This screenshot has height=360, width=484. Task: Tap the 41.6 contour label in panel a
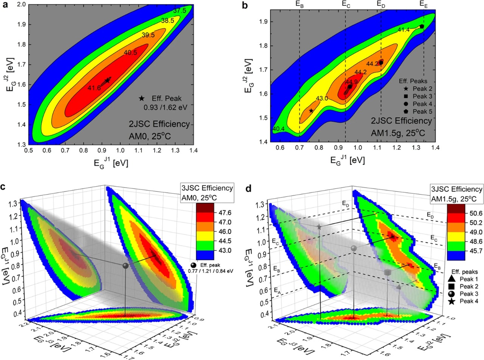pyautogui.click(x=94, y=88)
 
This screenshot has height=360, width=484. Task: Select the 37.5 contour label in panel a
pyautogui.click(x=180, y=11)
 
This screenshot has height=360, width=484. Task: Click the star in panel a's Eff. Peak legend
pyautogui.click(x=142, y=98)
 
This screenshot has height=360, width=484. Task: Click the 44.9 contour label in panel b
pyautogui.click(x=351, y=82)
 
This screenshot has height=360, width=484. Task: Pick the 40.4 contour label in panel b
pyautogui.click(x=278, y=129)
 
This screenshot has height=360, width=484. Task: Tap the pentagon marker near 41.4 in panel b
pyautogui.click(x=422, y=26)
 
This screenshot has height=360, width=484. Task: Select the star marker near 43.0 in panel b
pyautogui.click(x=311, y=111)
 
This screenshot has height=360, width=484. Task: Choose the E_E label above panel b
pyautogui.click(x=424, y=4)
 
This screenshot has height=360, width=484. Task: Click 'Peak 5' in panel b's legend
pyautogui.click(x=422, y=111)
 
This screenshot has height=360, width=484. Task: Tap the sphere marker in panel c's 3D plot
pyautogui.click(x=126, y=266)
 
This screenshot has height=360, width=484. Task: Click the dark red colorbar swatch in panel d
pyautogui.click(x=459, y=209)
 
